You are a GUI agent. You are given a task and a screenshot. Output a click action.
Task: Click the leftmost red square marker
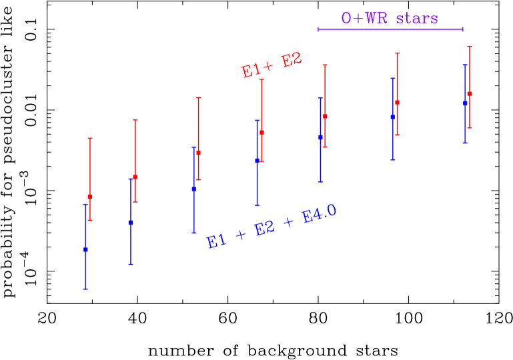click(90, 197)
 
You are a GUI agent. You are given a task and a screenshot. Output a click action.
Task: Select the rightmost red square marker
click(470, 94)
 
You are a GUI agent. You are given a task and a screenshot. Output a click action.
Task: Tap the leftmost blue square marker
click(85, 249)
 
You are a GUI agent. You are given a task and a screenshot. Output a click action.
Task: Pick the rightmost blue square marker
click(465, 103)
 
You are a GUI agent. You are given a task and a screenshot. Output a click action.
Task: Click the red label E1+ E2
click(272, 65)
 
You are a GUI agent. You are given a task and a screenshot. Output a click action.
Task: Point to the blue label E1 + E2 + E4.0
click(272, 227)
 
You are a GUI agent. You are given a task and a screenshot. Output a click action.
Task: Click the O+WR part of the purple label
click(364, 18)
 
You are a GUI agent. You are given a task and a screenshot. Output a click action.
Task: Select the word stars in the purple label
click(416, 18)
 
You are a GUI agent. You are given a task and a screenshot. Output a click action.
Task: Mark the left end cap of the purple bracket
click(318, 29)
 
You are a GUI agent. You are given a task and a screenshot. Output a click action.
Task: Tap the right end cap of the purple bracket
click(463, 29)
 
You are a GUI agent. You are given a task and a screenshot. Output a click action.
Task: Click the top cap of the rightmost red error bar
click(470, 47)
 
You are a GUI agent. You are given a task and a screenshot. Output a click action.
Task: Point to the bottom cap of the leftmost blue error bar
click(85, 289)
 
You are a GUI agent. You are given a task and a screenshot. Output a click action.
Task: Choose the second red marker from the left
click(135, 177)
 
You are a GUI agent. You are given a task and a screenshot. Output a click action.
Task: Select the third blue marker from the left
click(194, 189)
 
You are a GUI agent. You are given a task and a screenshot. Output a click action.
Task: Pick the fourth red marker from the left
click(262, 133)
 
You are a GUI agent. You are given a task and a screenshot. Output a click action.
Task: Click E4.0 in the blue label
click(319, 215)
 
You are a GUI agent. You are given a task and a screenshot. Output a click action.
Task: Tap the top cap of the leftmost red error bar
click(90, 139)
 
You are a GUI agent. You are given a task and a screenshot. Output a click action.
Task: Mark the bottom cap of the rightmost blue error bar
click(465, 143)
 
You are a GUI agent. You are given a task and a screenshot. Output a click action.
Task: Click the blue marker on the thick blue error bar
click(257, 160)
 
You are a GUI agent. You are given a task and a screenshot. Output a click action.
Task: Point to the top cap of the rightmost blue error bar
click(465, 65)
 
